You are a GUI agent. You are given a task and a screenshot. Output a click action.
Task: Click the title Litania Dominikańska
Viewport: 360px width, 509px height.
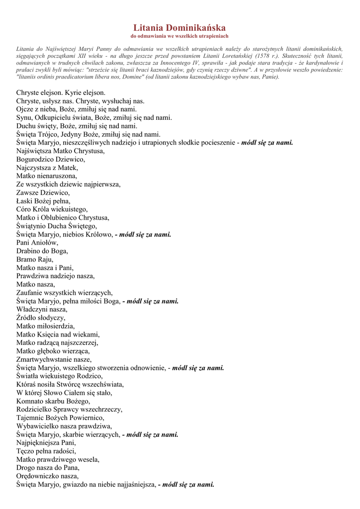click(180, 28)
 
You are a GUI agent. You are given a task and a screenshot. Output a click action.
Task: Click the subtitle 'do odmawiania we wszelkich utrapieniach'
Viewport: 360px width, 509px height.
click(180, 36)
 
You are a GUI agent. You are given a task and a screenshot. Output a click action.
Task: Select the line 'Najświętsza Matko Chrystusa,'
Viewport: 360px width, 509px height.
click(60, 151)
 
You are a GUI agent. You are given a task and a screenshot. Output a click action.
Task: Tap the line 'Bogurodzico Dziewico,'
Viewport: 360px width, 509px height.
click(51, 159)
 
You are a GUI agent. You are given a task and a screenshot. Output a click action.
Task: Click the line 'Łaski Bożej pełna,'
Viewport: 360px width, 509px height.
click(43, 201)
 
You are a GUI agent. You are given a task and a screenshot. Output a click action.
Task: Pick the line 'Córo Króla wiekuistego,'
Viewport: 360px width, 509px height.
click(52, 209)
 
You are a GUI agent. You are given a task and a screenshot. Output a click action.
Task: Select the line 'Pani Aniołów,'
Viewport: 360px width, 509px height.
click(37, 243)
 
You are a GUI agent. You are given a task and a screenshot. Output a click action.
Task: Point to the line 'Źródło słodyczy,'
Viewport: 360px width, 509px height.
click(41, 318)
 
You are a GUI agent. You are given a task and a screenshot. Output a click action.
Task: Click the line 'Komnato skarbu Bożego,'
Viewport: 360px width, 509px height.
click(53, 401)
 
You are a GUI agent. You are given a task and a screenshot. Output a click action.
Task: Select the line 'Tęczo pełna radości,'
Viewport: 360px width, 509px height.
click(46, 451)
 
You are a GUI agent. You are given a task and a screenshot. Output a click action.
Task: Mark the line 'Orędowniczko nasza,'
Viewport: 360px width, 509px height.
click(48, 476)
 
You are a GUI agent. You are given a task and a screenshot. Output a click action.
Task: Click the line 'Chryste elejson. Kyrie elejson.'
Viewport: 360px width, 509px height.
click(61, 92)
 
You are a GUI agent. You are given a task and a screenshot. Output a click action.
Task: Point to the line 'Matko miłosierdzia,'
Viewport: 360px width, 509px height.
click(46, 326)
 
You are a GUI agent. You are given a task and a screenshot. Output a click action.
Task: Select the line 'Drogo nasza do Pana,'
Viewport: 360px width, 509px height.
click(48, 468)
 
